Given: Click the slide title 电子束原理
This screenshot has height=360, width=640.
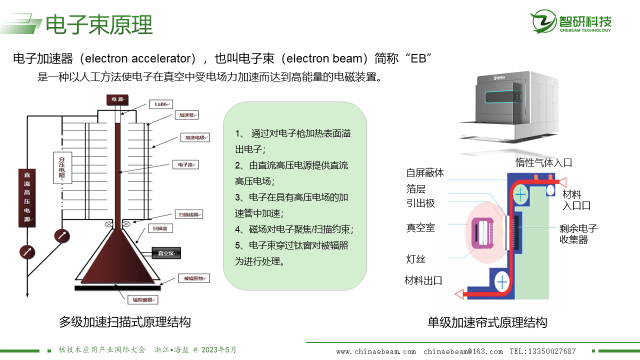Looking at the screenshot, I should coord(99,24).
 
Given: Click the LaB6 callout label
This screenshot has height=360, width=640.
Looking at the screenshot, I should coord(160,104).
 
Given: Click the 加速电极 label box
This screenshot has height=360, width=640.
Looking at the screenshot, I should coord(195,137).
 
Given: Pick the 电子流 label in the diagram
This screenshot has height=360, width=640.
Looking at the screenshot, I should coord(185,164).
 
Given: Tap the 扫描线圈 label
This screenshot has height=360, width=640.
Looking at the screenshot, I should coord(188,214).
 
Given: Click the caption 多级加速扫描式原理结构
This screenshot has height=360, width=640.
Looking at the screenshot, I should coord(124,322).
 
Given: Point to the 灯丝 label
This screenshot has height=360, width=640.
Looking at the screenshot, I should coord(415,259).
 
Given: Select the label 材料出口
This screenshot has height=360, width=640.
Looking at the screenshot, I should coord(423,280).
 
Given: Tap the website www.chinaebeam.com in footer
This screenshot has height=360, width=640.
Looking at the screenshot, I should coord(376,351).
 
